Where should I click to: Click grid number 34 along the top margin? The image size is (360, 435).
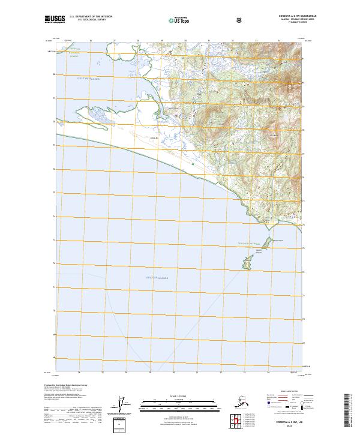click(x=278, y=41)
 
